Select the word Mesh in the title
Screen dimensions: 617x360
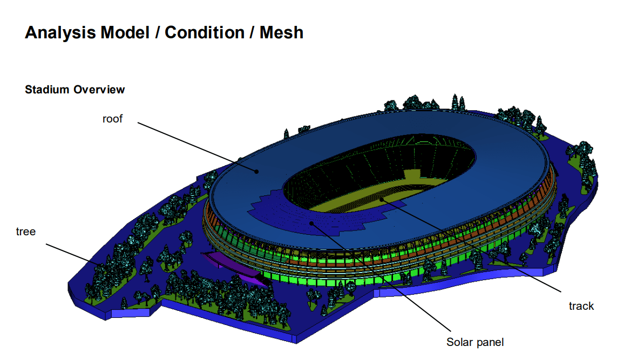click(x=281, y=33)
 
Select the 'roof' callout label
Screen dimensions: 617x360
click(x=112, y=119)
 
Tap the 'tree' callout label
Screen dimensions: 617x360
click(x=26, y=232)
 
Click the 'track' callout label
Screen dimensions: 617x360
click(x=581, y=307)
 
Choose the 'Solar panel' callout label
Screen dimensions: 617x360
click(x=474, y=342)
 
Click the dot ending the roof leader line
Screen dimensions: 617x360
click(x=257, y=171)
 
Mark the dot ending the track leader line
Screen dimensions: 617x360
click(x=381, y=199)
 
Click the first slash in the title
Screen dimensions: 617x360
click(x=157, y=33)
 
